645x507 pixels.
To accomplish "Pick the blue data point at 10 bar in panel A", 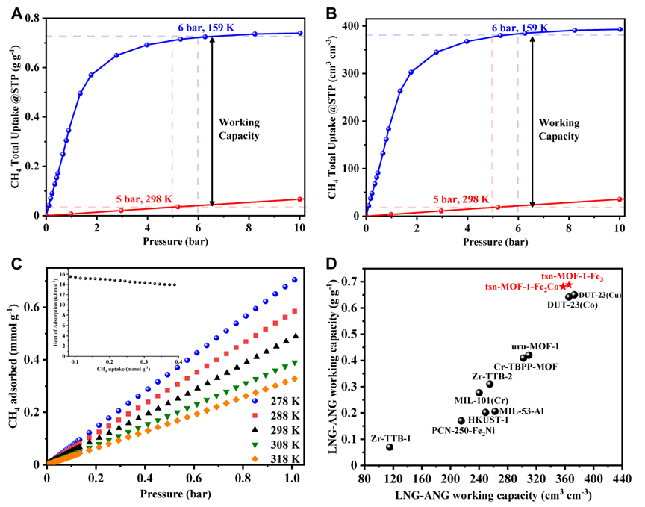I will click(x=300, y=33).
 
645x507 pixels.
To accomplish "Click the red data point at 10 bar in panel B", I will click(x=620, y=199).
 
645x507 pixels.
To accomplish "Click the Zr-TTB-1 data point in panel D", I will click(x=390, y=447).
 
